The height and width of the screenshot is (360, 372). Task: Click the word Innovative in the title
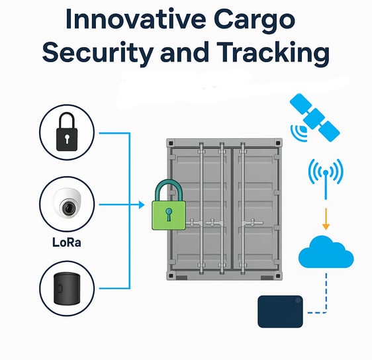136,19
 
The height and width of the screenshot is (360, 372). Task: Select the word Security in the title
97,53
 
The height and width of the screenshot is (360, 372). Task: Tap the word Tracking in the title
273,53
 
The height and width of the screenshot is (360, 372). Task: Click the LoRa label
67,242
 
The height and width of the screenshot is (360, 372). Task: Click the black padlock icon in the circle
67,132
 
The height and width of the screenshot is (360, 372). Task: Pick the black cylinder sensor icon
67,289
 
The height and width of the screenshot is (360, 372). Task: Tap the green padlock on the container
168,205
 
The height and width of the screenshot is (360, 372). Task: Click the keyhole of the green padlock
168,214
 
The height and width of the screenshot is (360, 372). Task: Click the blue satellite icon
314,118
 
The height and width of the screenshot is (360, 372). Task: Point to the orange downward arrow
326,219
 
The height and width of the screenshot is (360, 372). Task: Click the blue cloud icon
326,251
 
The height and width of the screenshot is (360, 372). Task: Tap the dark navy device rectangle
280,312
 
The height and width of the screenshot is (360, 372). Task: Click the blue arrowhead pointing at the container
142,204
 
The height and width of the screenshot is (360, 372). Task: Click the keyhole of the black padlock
67,139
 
